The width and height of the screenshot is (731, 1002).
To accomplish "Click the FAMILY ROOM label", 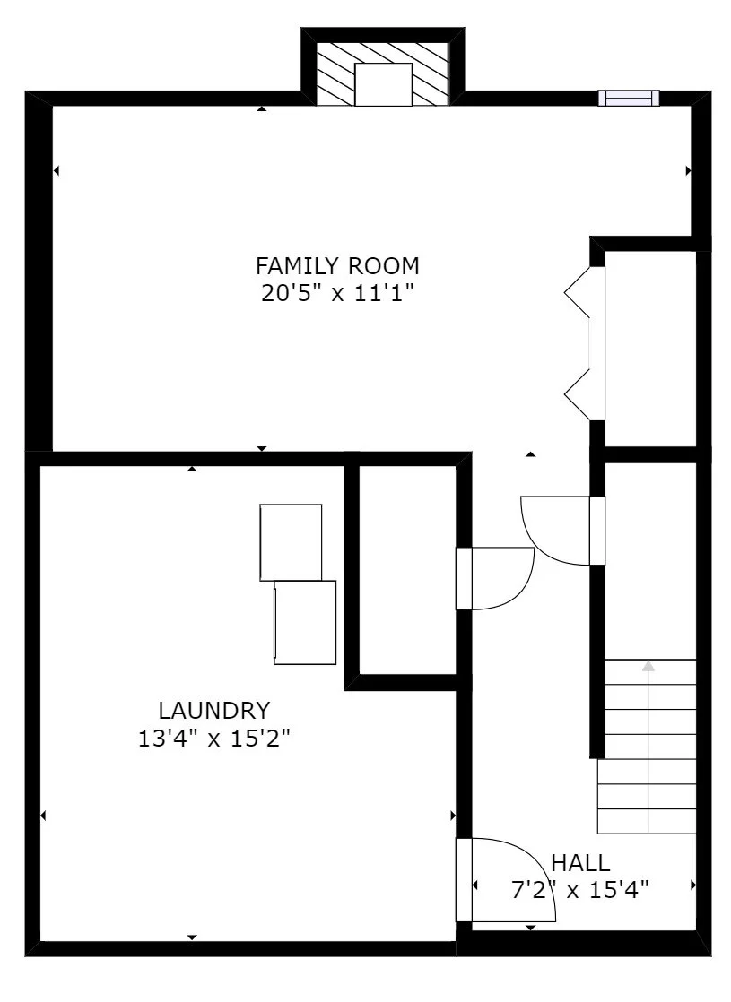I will [x=337, y=266].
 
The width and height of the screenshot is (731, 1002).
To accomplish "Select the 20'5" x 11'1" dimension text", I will [x=337, y=293].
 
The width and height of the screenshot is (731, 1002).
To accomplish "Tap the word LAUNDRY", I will [x=213, y=711].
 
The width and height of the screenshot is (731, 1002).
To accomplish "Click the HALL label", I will [x=580, y=863].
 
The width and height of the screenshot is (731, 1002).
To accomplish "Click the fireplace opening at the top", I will [x=383, y=84].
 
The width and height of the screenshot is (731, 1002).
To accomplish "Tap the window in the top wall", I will [x=628, y=98].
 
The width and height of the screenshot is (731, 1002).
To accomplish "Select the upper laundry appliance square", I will [x=291, y=541].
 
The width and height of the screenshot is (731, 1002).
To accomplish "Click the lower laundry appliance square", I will [x=305, y=622].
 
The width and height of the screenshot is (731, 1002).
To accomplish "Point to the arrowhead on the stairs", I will [x=648, y=667].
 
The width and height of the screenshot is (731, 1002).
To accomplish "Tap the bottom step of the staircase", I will [x=647, y=820].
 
